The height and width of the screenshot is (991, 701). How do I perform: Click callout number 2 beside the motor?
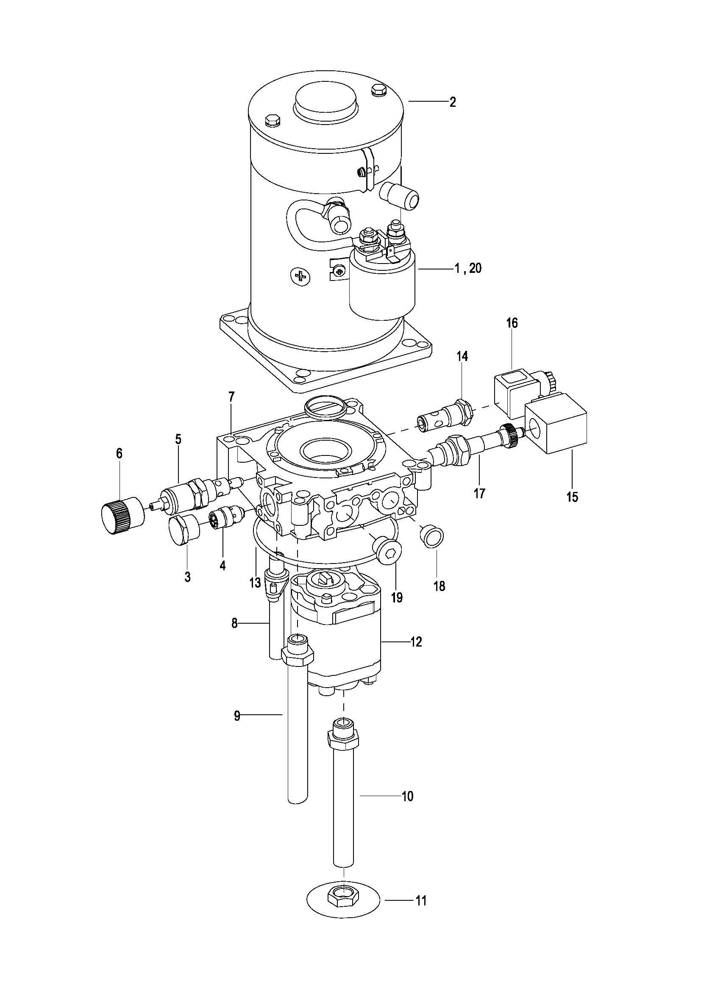point(452,102)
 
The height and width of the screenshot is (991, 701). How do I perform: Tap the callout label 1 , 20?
point(468,268)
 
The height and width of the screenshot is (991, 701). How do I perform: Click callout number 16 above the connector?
point(512,323)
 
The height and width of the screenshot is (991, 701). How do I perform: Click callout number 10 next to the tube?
point(407,796)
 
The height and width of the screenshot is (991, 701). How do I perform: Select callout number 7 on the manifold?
point(232,397)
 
